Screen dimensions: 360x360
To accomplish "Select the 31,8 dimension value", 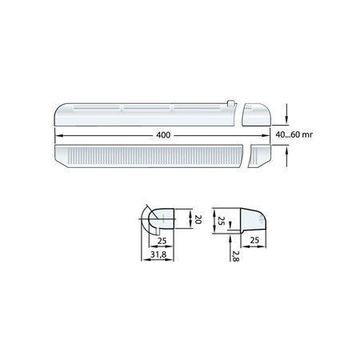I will tap(160, 255).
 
